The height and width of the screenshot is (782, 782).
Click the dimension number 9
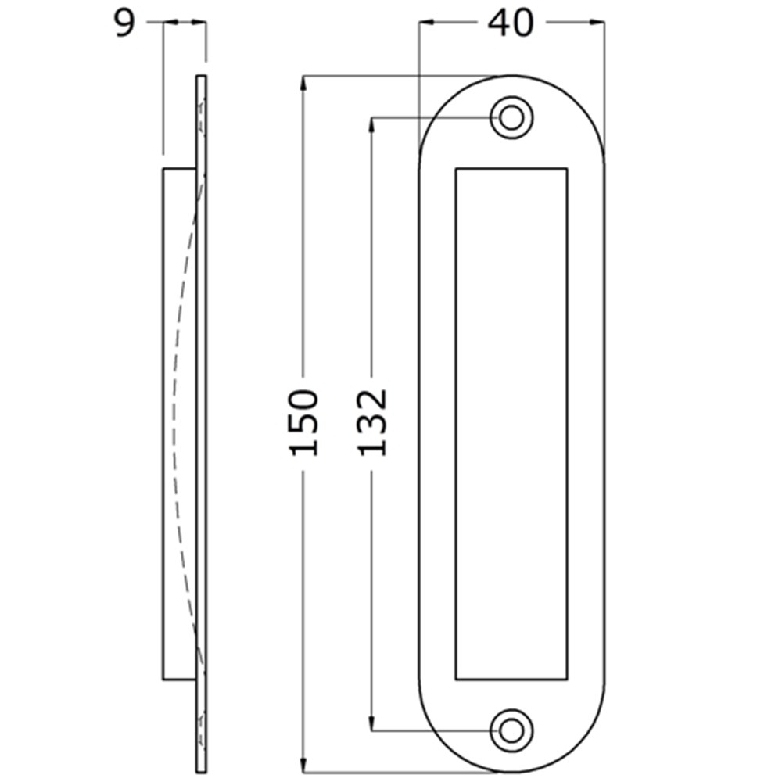coord(124,23)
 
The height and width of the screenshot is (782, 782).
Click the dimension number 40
coord(510,23)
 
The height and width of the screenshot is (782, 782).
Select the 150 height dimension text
coord(303,422)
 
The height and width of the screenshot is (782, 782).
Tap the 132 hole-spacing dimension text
coord(372,422)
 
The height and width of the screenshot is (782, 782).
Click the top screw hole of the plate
coord(511,118)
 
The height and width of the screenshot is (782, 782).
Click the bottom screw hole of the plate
coord(511,731)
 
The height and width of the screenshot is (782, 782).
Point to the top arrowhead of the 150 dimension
coord(303,84)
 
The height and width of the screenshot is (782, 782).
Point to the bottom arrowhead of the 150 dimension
coord(303,764)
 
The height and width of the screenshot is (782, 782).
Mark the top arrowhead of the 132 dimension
coord(371,126)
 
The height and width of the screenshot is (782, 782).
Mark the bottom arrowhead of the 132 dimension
coord(371,723)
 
